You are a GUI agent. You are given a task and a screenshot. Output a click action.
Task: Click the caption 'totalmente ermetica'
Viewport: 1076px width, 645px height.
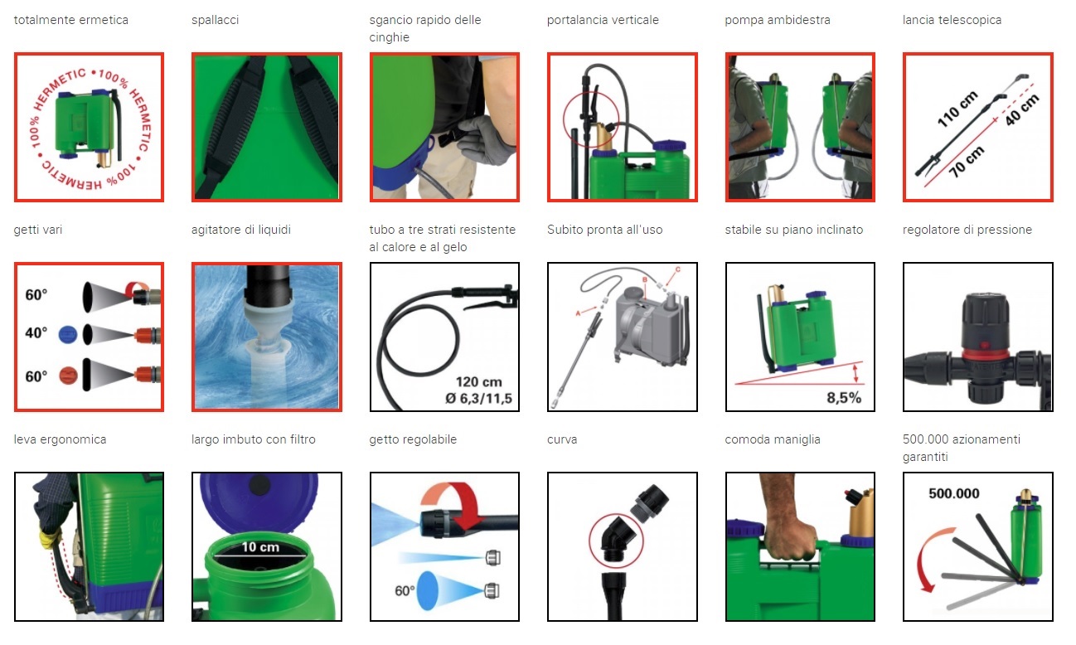click(x=71, y=20)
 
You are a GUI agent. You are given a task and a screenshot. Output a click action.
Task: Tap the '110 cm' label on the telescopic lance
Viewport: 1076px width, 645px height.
click(x=957, y=109)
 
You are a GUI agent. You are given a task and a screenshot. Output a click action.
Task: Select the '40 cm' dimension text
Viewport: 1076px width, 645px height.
click(x=1022, y=110)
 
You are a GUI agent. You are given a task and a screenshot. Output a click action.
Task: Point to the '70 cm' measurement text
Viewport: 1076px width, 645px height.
click(x=967, y=162)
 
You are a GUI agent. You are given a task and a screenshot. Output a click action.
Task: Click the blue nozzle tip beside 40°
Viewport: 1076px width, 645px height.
click(x=68, y=334)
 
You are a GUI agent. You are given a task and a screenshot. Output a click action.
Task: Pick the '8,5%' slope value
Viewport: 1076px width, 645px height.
click(x=844, y=398)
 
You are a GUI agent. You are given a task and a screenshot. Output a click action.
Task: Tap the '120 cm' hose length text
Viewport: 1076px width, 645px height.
click(x=479, y=382)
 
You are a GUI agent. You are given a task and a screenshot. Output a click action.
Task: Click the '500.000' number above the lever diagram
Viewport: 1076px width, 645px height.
click(x=954, y=493)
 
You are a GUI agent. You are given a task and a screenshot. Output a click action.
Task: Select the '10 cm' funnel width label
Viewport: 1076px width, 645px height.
click(x=260, y=547)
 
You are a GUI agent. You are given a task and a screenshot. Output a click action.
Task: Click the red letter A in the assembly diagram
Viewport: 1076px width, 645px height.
click(x=578, y=313)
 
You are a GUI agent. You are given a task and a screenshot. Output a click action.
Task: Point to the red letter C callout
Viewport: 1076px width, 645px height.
click(x=678, y=269)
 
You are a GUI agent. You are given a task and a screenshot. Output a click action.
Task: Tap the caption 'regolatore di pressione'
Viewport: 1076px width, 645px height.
click(x=967, y=230)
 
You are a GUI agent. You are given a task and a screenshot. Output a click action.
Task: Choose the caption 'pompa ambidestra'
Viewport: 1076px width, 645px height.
click(x=778, y=20)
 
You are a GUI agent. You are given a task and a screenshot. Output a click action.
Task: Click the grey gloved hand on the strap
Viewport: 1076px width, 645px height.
click(x=485, y=140)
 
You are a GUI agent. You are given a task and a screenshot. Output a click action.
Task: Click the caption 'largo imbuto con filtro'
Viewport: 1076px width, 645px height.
click(x=253, y=439)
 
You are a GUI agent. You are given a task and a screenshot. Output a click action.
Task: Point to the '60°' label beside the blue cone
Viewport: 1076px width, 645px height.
click(x=405, y=590)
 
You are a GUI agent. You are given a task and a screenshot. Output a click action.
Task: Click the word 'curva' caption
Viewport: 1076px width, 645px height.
click(x=562, y=439)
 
